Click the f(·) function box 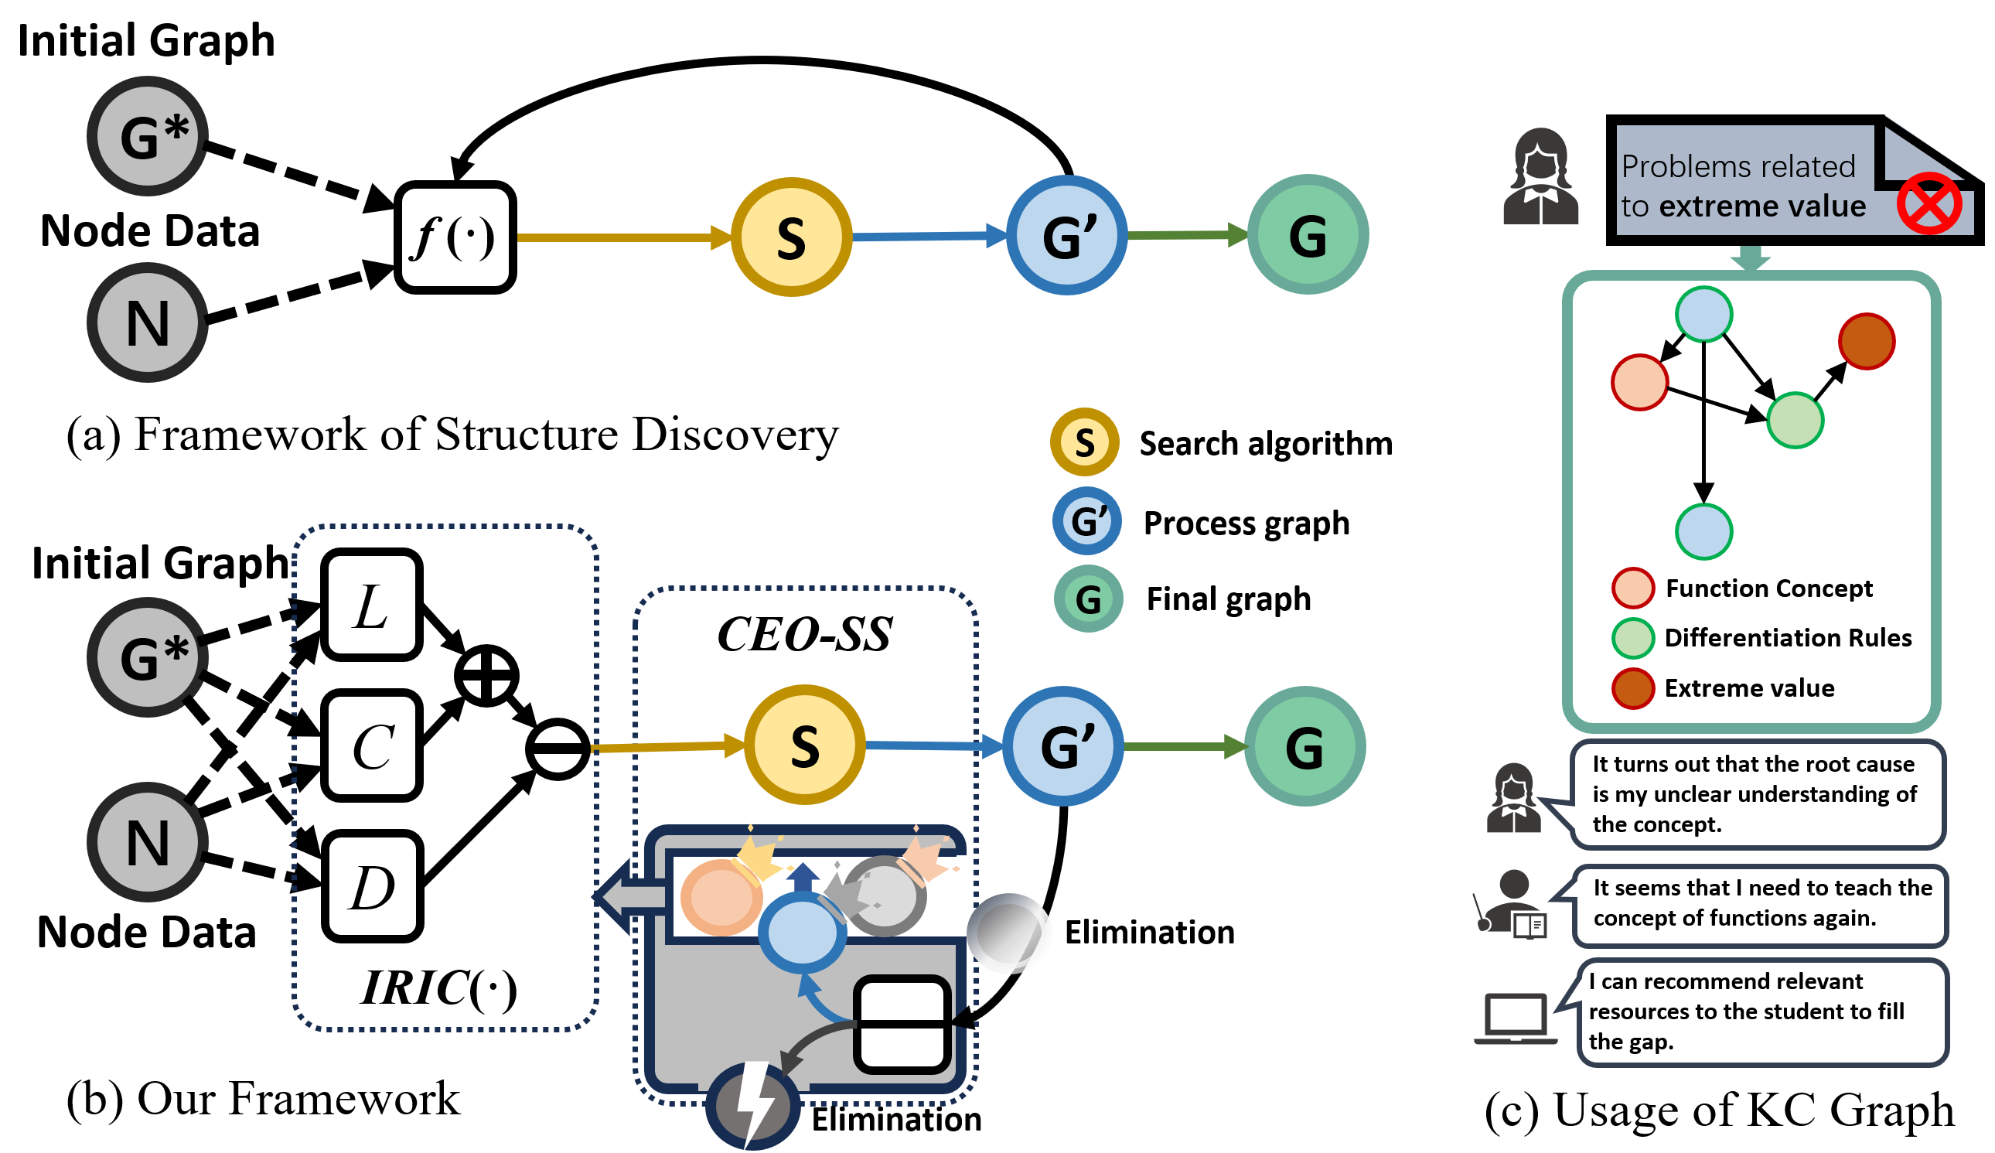456,237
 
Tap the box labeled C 372,746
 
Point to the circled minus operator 558,749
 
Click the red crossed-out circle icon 1930,203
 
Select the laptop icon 1516,1019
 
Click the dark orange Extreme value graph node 1867,341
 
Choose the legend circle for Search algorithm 1086,442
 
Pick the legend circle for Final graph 1089,599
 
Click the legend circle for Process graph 1087,521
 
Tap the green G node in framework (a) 1308,235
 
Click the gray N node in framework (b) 148,843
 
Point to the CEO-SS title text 805,635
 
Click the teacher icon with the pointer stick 1510,905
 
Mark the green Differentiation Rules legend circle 1632,638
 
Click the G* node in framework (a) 148,136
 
